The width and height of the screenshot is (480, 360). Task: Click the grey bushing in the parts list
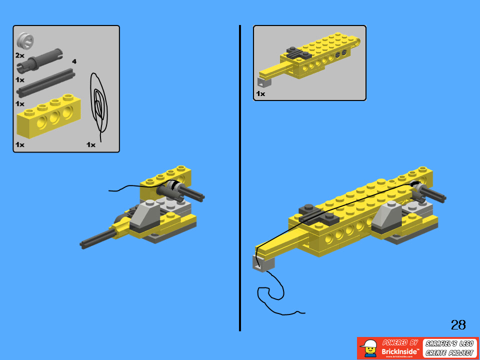[x=24, y=40]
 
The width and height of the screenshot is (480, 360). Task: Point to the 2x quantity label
[x=19, y=55]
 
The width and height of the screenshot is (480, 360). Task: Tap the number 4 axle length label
[x=74, y=61]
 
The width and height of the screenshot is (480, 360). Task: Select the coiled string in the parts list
[x=99, y=105]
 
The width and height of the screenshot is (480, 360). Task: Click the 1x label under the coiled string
[x=90, y=144]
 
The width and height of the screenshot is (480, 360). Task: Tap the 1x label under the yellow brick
[x=19, y=144]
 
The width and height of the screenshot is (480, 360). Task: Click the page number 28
[x=458, y=325]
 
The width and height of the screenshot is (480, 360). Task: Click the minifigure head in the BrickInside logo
[x=370, y=348]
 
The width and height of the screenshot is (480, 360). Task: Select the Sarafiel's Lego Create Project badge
[x=449, y=348]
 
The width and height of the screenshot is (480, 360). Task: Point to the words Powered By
[x=400, y=342]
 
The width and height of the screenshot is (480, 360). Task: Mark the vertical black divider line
[x=240, y=180]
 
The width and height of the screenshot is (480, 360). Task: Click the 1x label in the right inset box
[x=260, y=93]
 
